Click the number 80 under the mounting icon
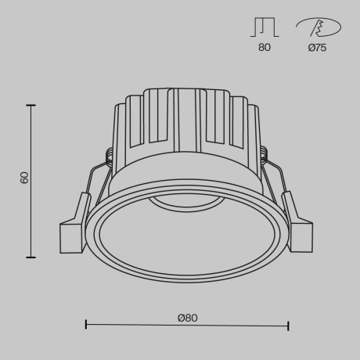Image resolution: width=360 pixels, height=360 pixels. tap(264, 49)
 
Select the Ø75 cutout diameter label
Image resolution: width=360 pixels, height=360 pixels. tap(317, 49)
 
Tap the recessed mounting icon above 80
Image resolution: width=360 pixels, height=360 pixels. tap(264, 27)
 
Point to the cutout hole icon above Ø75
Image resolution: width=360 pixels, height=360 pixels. tap(318, 28)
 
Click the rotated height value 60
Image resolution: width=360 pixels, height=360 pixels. tap(24, 178)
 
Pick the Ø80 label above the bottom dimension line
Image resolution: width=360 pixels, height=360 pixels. tap(187, 317)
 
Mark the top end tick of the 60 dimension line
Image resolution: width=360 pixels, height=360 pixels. tap(31, 105)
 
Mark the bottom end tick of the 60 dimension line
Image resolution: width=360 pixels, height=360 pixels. tap(31, 256)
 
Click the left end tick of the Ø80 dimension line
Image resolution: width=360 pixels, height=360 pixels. tap(85, 325)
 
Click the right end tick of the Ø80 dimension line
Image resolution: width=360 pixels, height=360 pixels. tap(289, 325)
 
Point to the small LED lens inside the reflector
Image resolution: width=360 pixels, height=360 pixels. tap(186, 203)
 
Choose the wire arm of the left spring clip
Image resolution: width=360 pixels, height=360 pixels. tap(93, 184)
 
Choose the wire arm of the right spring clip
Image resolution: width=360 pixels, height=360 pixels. tap(280, 184)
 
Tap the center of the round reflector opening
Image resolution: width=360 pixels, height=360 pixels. tap(186, 239)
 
